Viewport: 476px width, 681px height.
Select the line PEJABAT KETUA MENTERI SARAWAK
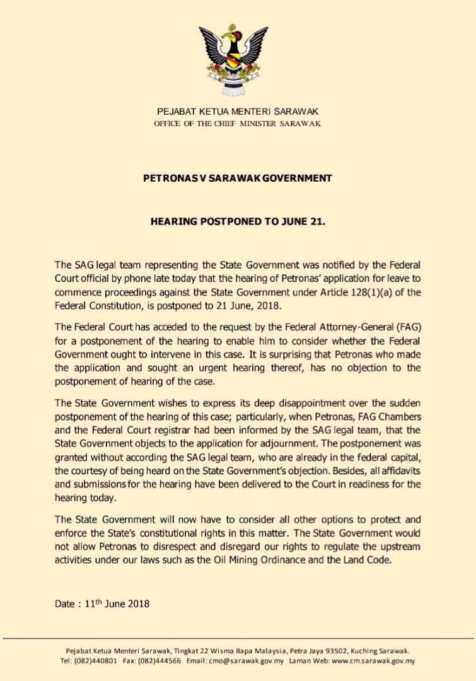click(238, 111)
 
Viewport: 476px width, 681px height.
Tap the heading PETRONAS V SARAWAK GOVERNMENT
click(238, 178)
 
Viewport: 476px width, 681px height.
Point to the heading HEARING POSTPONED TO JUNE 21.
click(238, 222)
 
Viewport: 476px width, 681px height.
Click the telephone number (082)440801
click(97, 660)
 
